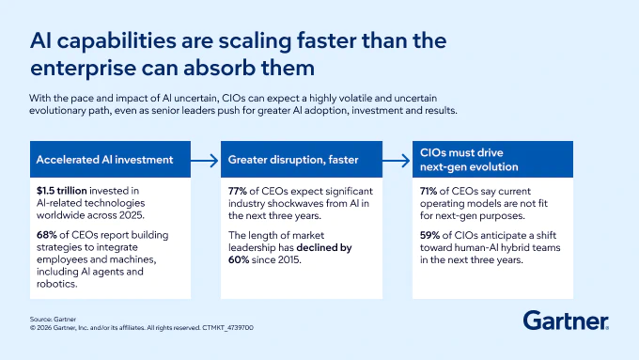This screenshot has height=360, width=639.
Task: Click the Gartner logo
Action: click(566, 321)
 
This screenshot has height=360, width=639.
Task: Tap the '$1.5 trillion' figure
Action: click(61, 191)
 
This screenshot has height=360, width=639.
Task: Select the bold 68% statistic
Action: click(46, 235)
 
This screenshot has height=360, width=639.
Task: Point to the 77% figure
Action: click(237, 191)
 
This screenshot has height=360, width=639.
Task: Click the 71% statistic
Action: click(429, 191)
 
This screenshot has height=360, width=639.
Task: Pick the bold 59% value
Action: click(429, 235)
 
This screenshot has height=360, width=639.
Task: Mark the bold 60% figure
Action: click(239, 259)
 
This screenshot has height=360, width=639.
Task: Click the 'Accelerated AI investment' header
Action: click(104, 160)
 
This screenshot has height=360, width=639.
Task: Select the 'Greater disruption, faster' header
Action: click(293, 160)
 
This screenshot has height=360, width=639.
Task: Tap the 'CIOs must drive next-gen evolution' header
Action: click(469, 160)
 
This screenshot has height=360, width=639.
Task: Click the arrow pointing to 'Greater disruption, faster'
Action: click(205, 160)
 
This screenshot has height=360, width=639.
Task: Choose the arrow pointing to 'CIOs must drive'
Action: click(397, 160)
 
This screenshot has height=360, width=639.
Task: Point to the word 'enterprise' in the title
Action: click(83, 68)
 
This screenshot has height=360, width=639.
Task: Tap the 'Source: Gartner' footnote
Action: click(53, 320)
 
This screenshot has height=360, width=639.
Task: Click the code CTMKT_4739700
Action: click(227, 328)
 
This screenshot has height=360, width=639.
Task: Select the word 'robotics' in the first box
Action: click(56, 284)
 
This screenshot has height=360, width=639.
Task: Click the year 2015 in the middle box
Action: click(288, 259)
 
